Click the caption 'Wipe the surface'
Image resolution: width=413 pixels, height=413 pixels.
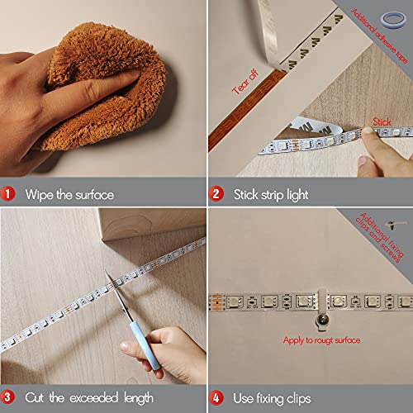coord(69,195)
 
